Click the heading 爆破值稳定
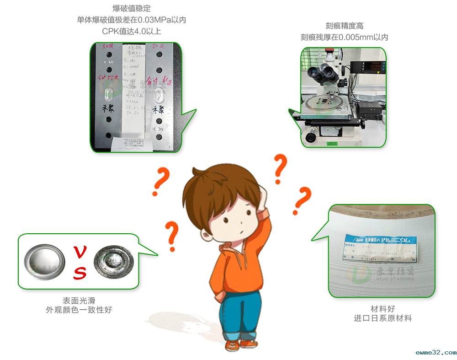(x=132, y=8)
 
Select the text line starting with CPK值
(x=132, y=31)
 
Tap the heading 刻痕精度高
(x=344, y=26)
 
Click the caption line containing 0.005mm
(x=344, y=38)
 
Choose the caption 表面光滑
(x=79, y=301)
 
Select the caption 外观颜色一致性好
(x=79, y=310)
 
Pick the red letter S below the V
(x=80, y=273)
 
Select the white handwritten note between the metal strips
(x=136, y=96)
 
